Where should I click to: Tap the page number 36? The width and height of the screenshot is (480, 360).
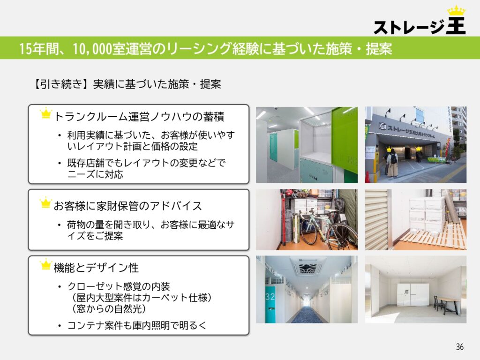click(x=459, y=347)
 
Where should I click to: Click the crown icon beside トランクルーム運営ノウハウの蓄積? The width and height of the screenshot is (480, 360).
click(x=46, y=113)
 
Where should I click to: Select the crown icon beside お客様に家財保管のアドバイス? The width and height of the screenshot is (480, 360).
click(x=45, y=202)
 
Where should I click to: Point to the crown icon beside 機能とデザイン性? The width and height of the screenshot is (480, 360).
click(x=45, y=264)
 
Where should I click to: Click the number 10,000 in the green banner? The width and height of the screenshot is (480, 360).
click(x=92, y=49)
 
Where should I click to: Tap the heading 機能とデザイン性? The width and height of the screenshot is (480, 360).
click(x=96, y=268)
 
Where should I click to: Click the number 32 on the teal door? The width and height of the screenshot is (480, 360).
click(x=270, y=296)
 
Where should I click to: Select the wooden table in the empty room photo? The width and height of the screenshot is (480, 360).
click(x=447, y=304)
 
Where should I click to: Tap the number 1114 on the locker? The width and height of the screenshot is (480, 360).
click(x=313, y=177)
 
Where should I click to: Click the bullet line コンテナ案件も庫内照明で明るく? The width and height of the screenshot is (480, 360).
click(x=137, y=325)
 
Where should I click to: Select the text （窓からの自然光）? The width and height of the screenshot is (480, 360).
click(x=109, y=308)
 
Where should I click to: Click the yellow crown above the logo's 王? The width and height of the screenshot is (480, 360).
click(x=457, y=11)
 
